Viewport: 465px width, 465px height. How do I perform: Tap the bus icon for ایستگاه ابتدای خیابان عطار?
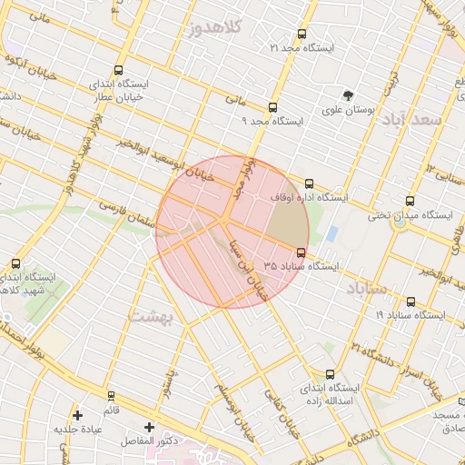tap(120, 70)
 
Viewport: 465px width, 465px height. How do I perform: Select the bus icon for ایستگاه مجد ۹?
tap(273, 107)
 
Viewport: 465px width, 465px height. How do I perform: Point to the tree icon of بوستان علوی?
tap(347, 95)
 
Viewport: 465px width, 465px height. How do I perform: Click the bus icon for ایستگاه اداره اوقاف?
tap(310, 183)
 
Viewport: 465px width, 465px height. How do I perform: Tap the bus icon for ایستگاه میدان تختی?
tap(410, 202)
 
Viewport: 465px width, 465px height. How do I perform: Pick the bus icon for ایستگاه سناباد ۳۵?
tap(302, 252)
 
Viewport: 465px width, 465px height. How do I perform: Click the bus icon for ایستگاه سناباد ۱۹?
tap(411, 302)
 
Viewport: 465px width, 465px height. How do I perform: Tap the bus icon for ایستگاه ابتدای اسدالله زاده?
tap(329, 373)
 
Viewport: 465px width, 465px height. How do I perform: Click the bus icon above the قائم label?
tap(111, 396)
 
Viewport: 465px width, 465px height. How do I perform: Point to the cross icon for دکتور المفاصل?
tap(150, 426)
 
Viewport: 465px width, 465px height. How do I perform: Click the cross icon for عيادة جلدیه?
tap(77, 415)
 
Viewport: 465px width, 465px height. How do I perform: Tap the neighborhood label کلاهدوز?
tap(215, 28)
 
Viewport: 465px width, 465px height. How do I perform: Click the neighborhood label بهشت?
tap(151, 316)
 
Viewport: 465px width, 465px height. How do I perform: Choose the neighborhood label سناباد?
tap(367, 289)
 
